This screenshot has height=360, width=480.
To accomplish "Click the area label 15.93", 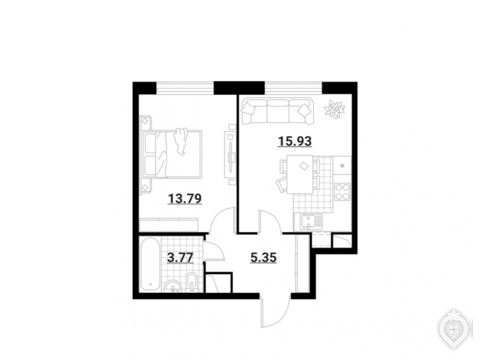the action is pyautogui.click(x=294, y=142).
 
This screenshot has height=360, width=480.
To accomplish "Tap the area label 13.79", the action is pyautogui.click(x=185, y=199).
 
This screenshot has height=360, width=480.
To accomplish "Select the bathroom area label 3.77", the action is pyautogui.click(x=180, y=257).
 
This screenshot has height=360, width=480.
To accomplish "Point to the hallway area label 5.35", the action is pyautogui.click(x=263, y=257).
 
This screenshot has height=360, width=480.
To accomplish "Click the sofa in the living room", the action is pyautogui.click(x=278, y=111).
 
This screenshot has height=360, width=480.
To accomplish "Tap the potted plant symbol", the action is pyautogui.click(x=334, y=110).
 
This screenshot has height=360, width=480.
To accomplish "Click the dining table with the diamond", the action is pyautogui.click(x=300, y=174).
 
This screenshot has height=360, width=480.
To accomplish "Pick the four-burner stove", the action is pyautogui.click(x=343, y=192).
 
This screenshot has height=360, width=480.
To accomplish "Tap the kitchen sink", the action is pyautogui.click(x=308, y=222).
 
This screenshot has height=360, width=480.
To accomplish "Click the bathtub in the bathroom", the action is pyautogui.click(x=150, y=264).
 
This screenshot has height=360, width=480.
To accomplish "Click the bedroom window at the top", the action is pyautogui.click(x=185, y=88).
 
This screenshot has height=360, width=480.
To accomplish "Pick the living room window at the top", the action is pyautogui.click(x=293, y=88).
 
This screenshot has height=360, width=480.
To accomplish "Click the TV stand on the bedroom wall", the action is pyautogui.click(x=230, y=154).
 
